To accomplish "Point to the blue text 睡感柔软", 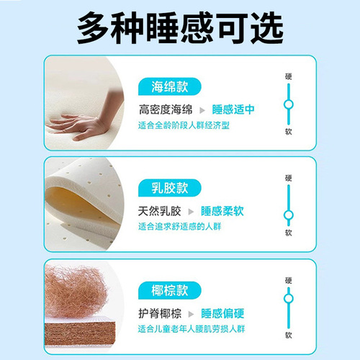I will (x=222, y=212).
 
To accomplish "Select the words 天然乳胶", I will (x=161, y=212).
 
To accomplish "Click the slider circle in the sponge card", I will (x=289, y=104).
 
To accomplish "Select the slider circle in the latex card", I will (x=289, y=214).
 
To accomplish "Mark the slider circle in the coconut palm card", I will (x=289, y=298).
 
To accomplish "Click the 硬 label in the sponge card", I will (x=289, y=76).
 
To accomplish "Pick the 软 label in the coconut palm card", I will (x=289, y=335).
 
